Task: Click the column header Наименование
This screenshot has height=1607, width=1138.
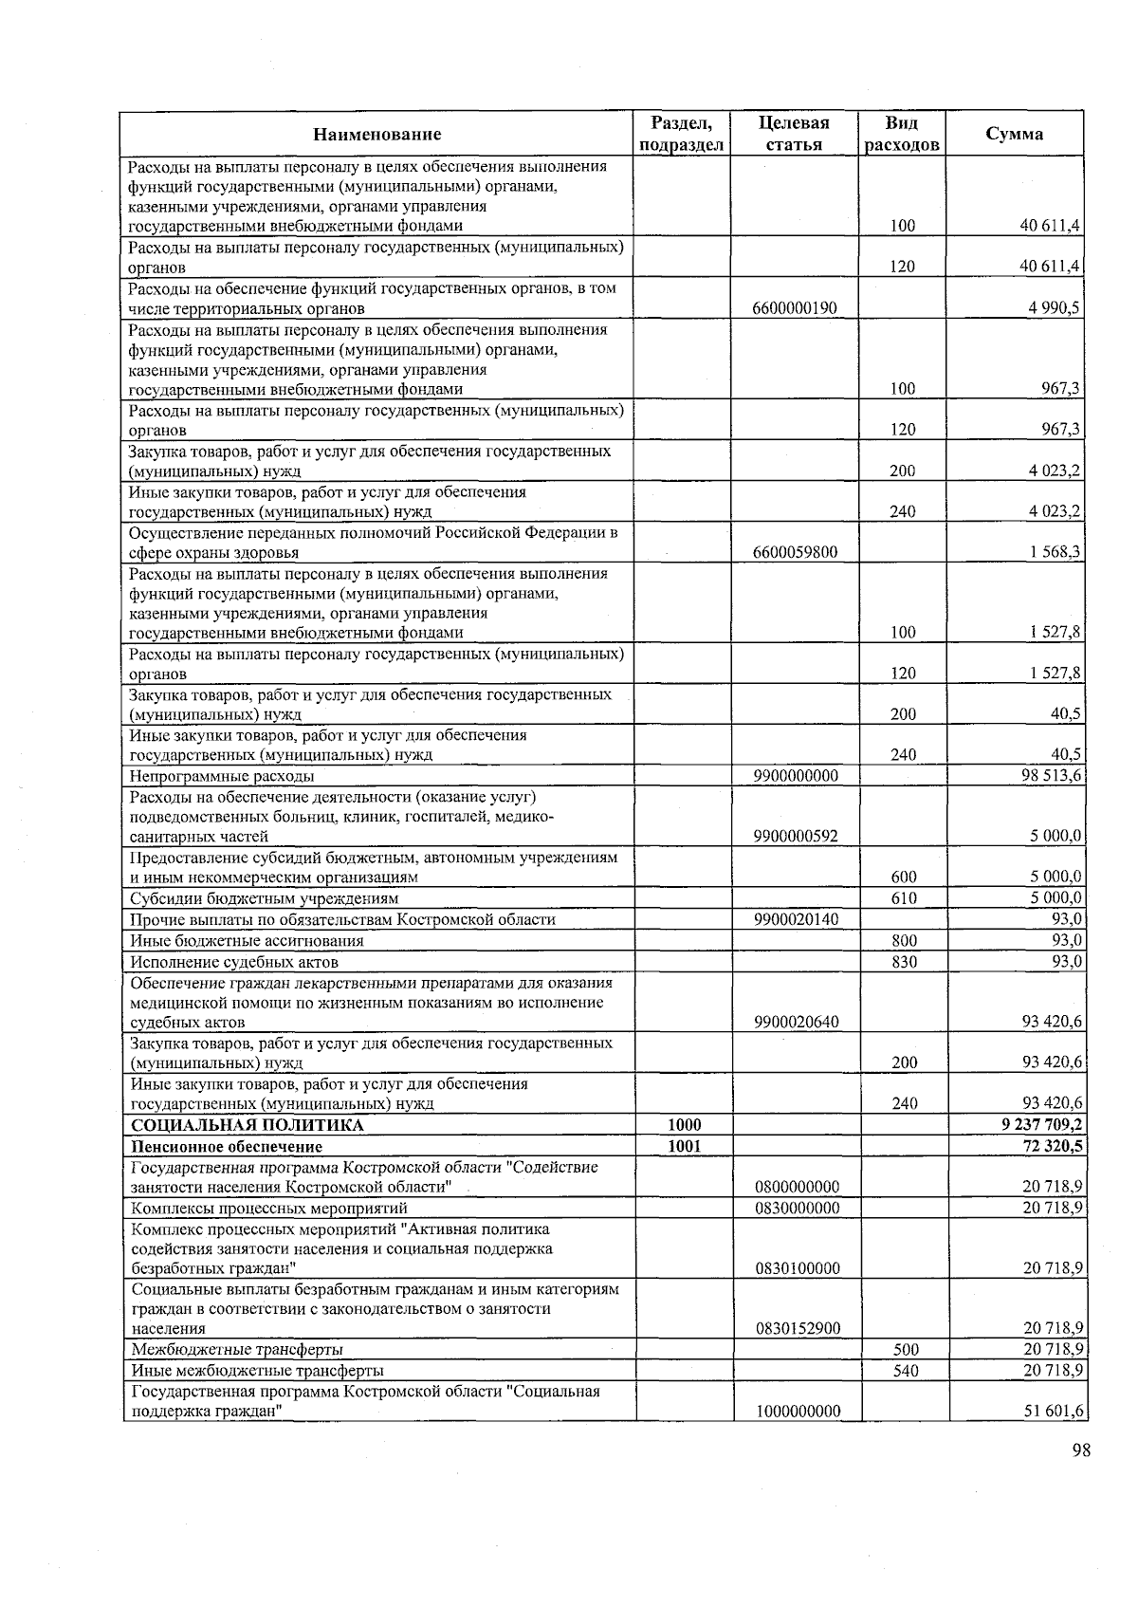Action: point(377,134)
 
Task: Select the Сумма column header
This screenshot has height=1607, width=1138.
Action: point(1015,134)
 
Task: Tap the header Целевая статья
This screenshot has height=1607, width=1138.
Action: point(794,134)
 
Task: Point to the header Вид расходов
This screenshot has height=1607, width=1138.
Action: point(902,134)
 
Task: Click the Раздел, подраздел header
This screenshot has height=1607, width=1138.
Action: point(682,134)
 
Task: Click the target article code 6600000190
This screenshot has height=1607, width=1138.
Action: point(794,308)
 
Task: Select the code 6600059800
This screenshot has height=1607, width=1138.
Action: point(795,552)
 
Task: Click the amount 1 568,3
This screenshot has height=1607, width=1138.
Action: point(1052,552)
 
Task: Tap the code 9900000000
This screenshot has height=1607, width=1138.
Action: point(796,776)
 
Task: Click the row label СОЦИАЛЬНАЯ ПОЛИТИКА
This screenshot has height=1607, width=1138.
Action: point(248,1125)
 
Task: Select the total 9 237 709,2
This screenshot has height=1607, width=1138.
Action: point(1042,1125)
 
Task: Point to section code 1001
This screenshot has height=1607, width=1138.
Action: point(684,1146)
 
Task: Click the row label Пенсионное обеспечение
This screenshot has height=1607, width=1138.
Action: point(227,1146)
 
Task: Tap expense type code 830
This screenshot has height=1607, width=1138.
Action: point(904,962)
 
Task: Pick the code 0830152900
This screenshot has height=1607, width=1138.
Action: point(798,1328)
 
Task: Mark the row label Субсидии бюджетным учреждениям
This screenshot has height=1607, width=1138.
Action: point(265,898)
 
